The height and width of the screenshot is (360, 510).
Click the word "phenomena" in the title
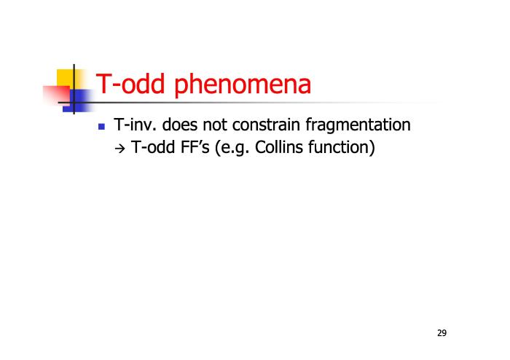click(243, 85)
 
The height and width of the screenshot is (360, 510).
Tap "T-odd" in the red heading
click(130, 83)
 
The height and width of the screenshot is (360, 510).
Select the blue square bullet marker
click(101, 126)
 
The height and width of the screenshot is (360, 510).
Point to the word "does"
click(180, 125)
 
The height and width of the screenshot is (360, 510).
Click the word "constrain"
click(266, 125)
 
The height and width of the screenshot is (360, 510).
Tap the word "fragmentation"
click(358, 126)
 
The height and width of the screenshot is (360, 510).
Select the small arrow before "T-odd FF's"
click(119, 149)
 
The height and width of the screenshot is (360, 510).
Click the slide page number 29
click(442, 333)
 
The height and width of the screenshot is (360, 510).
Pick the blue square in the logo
click(77, 101)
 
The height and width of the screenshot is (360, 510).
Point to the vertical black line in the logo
click(74, 89)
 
